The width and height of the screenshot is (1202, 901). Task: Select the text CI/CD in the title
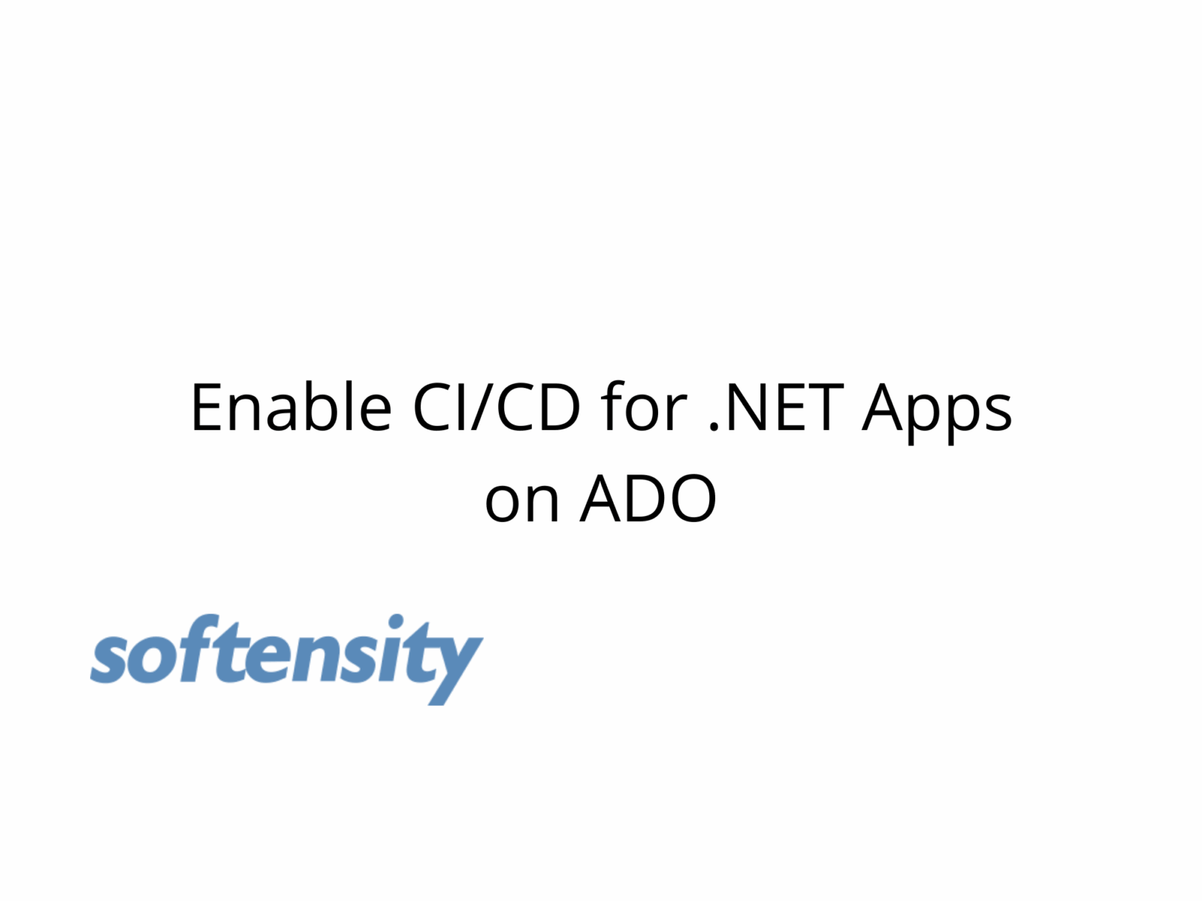(x=497, y=407)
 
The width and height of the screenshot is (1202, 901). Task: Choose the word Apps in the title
(x=937, y=413)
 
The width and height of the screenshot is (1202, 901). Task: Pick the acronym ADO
(x=648, y=499)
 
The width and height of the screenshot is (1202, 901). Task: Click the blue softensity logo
(x=286, y=658)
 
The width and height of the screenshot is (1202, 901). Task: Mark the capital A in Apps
(x=882, y=408)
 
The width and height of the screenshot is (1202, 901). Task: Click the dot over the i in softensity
(x=395, y=622)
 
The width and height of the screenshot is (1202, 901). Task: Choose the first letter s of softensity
(x=111, y=660)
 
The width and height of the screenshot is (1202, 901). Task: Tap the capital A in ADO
(x=601, y=499)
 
